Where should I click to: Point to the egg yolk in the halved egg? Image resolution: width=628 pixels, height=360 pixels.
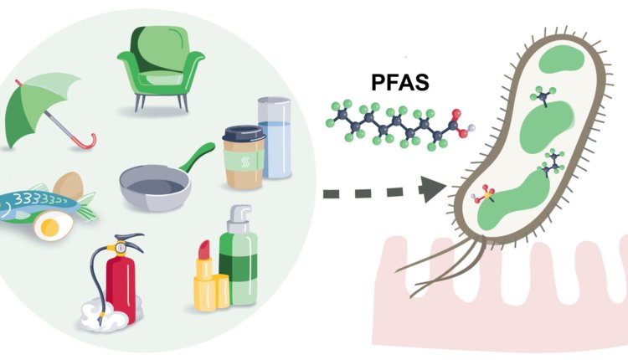(51, 224)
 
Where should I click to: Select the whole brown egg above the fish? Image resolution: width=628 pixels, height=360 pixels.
(68, 185)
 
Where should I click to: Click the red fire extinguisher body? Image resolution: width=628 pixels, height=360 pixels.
(121, 281)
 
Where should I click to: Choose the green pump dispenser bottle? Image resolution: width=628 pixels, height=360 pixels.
(238, 265)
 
